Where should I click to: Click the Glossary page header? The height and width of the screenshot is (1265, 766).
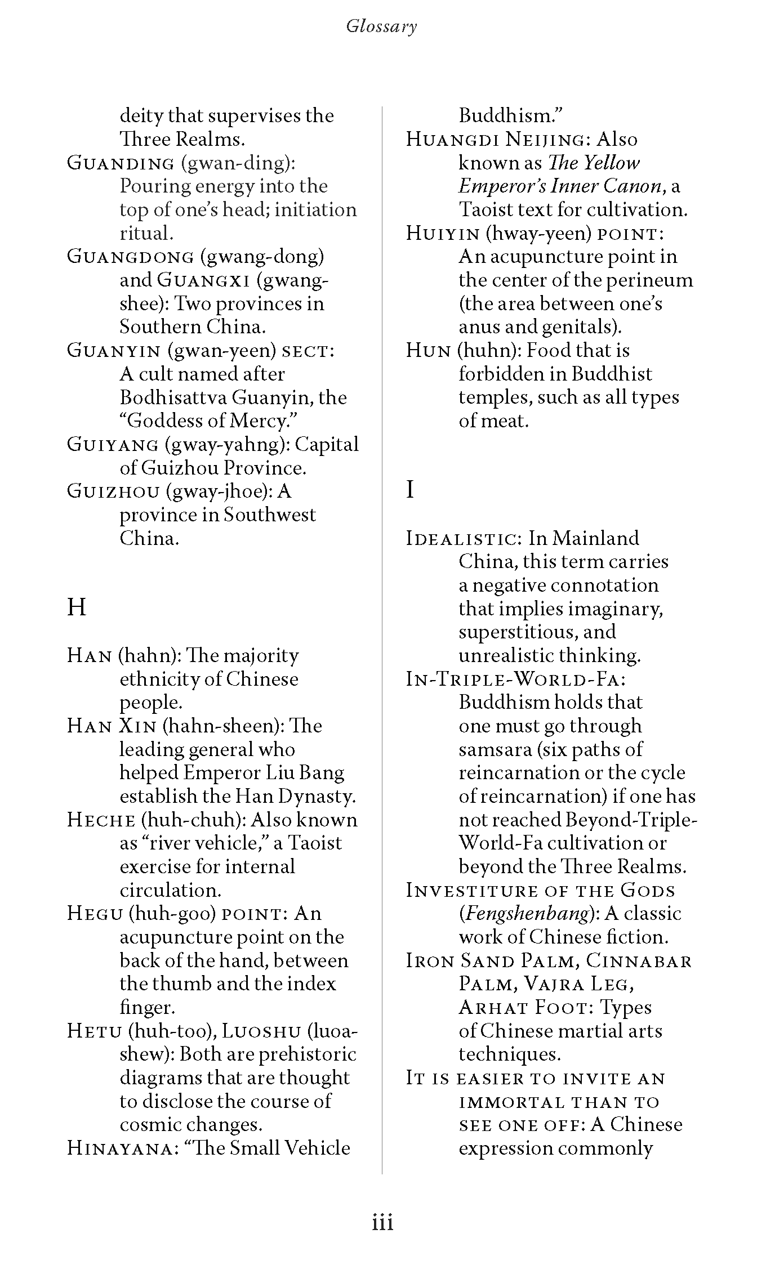[x=382, y=26]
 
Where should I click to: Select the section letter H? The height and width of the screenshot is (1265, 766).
[x=77, y=607]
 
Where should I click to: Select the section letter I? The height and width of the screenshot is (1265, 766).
[x=410, y=490]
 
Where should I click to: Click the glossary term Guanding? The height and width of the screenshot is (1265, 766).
[x=121, y=163]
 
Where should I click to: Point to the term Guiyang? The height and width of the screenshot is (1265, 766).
[x=113, y=444]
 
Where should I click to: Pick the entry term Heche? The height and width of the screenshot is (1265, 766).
[x=101, y=820]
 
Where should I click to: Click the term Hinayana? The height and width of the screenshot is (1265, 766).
[x=121, y=1148]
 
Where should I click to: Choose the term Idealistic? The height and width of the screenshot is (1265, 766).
[x=464, y=538]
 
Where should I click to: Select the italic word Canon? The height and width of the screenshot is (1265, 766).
[x=632, y=186]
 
